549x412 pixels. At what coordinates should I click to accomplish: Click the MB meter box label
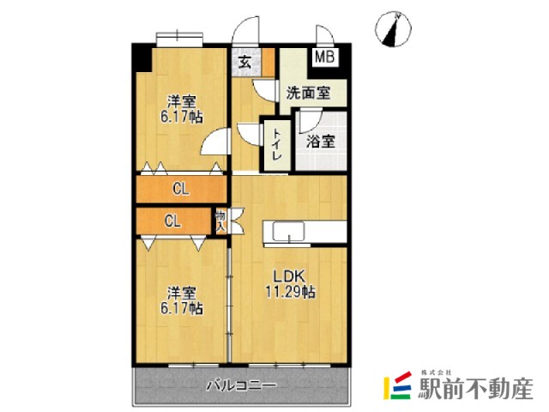pyautogui.click(x=323, y=58)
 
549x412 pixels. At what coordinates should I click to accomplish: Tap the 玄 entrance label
pyautogui.click(x=245, y=62)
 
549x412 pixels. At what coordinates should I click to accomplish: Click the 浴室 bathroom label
pyautogui.click(x=321, y=142)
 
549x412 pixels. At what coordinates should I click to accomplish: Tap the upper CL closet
pyautogui.click(x=181, y=189)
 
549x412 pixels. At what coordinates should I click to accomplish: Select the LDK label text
pyautogui.click(x=289, y=276)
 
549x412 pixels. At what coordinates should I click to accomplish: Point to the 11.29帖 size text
pyautogui.click(x=289, y=292)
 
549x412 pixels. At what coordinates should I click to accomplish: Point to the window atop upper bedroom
pyautogui.click(x=179, y=36)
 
